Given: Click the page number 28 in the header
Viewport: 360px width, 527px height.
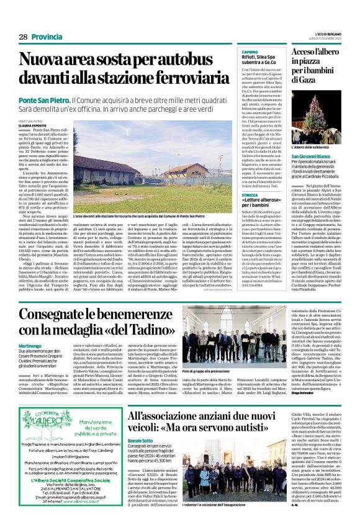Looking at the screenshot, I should click(23, 37).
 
